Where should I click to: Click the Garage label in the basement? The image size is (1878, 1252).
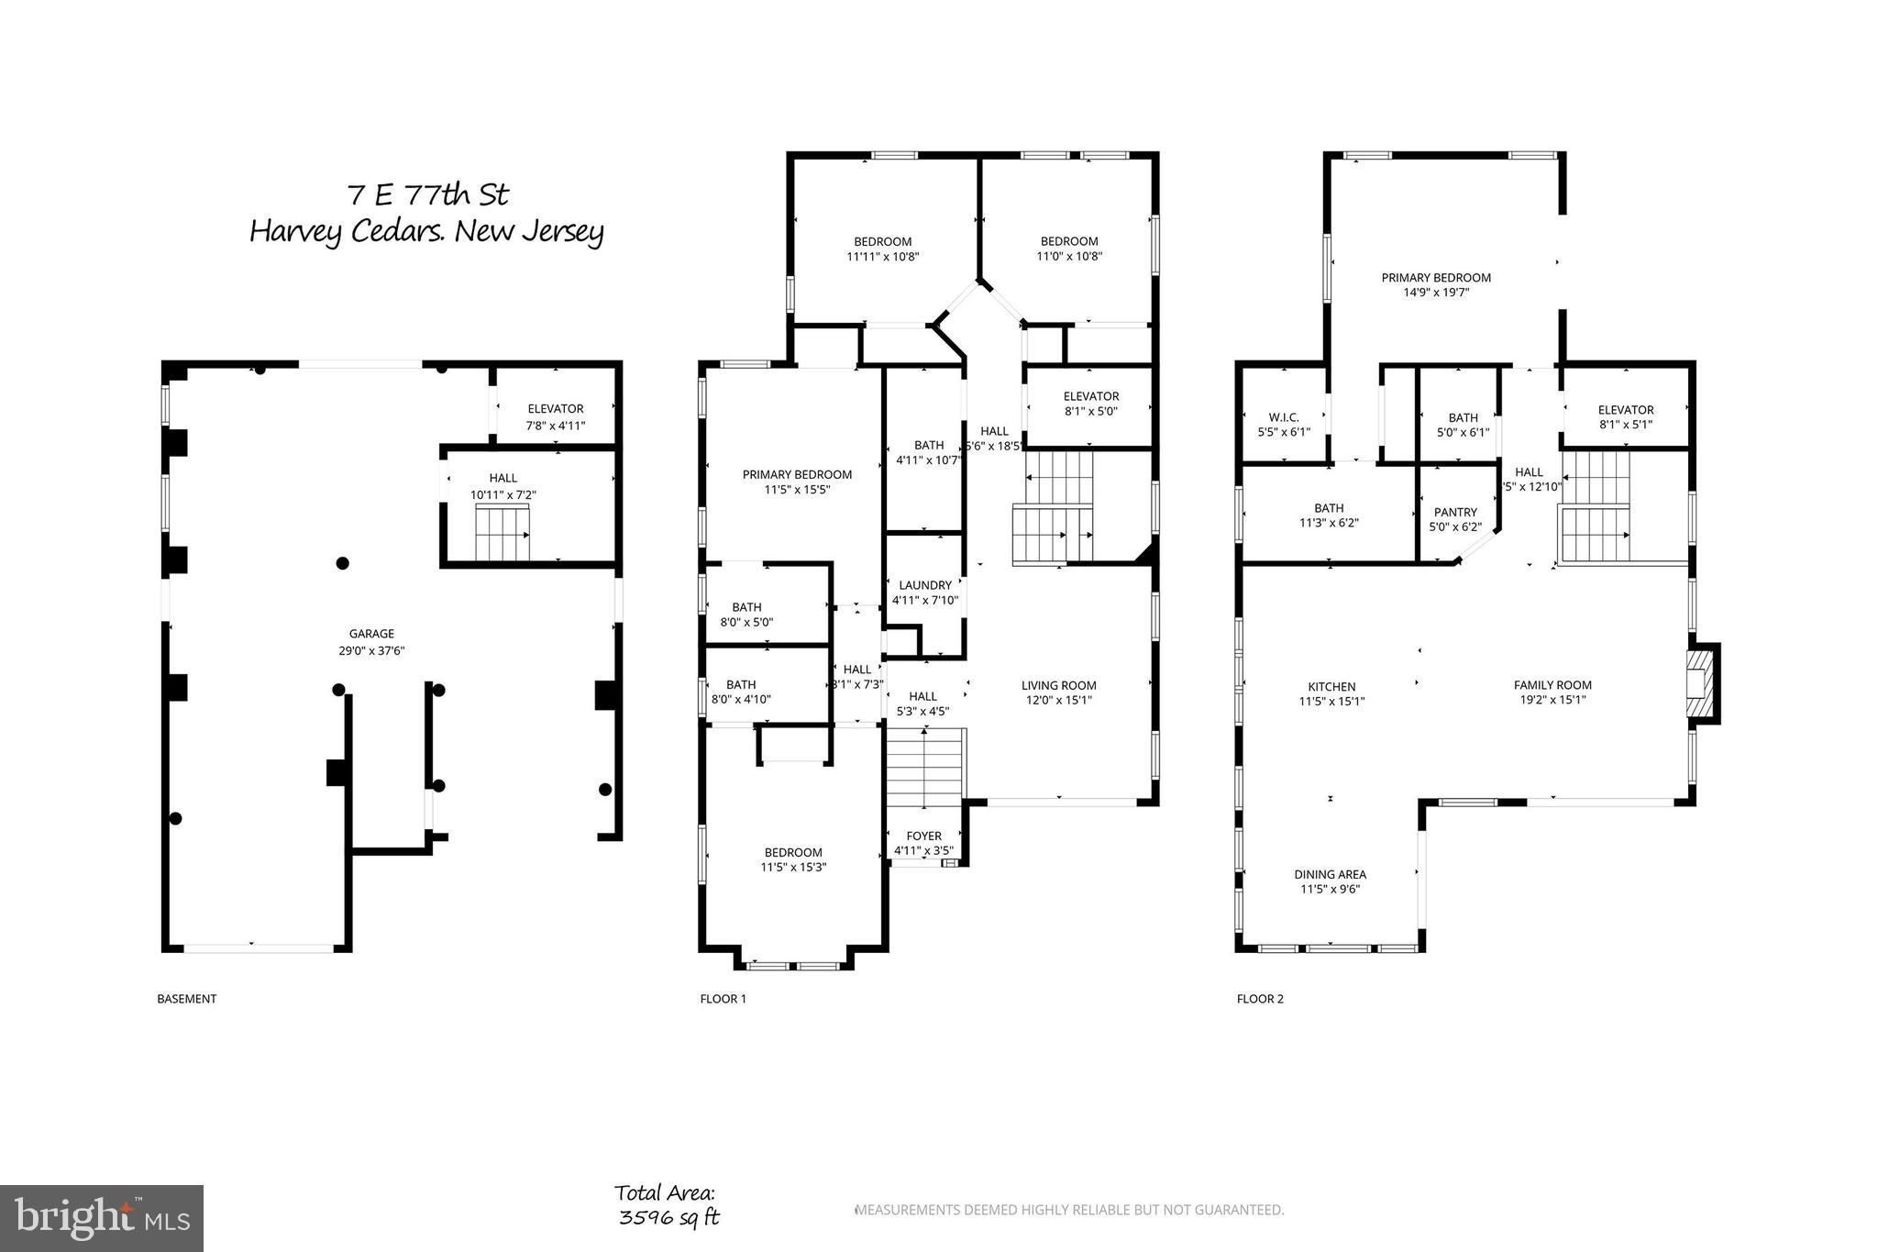pyautogui.click(x=371, y=634)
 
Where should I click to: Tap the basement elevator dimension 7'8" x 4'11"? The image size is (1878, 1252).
pyautogui.click(x=556, y=426)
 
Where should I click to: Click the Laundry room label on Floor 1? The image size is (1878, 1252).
pyautogui.click(x=925, y=585)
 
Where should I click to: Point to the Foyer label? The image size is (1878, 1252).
pyautogui.click(x=923, y=837)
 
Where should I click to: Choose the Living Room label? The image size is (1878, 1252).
pyautogui.click(x=1059, y=685)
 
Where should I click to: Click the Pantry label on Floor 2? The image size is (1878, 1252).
pyautogui.click(x=1455, y=513)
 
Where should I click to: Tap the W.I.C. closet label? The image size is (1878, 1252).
pyautogui.click(x=1283, y=417)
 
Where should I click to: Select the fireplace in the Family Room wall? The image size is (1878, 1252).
pyautogui.click(x=1703, y=683)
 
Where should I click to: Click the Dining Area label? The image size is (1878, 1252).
pyautogui.click(x=1330, y=875)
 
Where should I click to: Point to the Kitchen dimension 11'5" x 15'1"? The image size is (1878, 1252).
pyautogui.click(x=1331, y=702)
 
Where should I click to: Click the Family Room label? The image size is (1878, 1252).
pyautogui.click(x=1552, y=685)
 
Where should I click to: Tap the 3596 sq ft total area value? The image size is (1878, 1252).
pyautogui.click(x=668, y=1218)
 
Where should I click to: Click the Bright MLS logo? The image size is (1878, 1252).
pyautogui.click(x=101, y=1218)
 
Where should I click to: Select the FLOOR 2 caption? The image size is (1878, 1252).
pyautogui.click(x=1260, y=999)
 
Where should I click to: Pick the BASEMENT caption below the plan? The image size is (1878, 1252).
pyautogui.click(x=187, y=999)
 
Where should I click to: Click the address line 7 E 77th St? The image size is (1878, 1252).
pyautogui.click(x=427, y=195)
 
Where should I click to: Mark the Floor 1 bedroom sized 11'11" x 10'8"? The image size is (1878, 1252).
pyautogui.click(x=883, y=249)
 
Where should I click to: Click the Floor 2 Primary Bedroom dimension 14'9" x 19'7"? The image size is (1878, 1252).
pyautogui.click(x=1436, y=294)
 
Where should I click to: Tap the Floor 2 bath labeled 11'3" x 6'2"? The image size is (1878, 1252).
pyautogui.click(x=1329, y=515)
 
